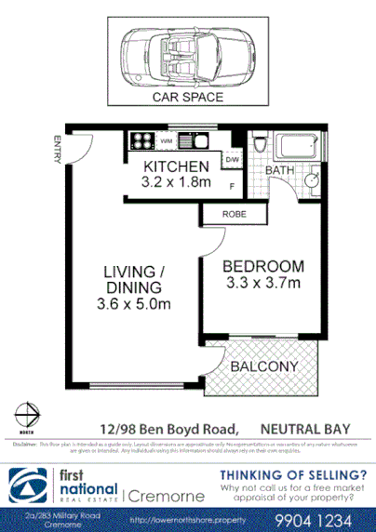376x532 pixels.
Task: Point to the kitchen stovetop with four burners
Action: coord(142,142)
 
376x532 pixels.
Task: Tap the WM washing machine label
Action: coord(166,140)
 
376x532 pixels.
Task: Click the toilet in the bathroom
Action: coord(261,149)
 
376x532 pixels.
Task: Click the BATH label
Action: coord(280,171)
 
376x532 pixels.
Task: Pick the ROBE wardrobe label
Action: coord(234,214)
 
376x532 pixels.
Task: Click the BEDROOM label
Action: coord(263,266)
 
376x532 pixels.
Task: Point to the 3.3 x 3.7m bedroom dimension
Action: coord(263,283)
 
